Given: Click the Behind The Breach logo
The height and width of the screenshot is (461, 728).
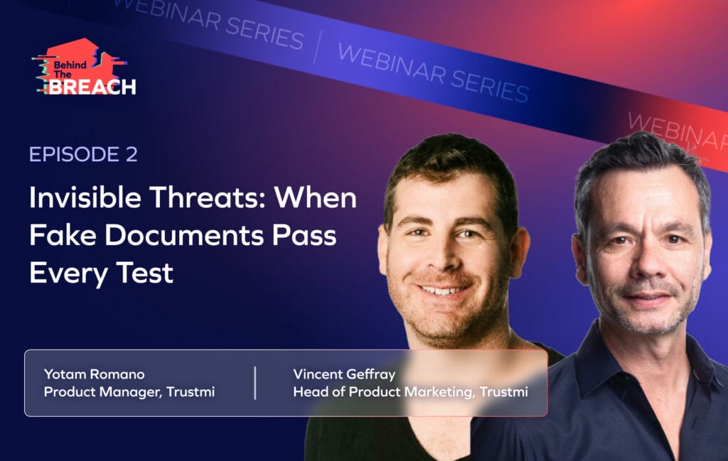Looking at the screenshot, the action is pyautogui.click(x=84, y=67).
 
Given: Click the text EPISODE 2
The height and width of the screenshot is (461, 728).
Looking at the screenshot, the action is pyautogui.click(x=84, y=154).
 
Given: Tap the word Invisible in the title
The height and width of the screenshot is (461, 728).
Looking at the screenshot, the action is pyautogui.click(x=85, y=197).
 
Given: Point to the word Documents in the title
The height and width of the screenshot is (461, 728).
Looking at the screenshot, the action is pyautogui.click(x=184, y=235).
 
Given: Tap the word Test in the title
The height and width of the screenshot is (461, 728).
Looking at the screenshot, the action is pyautogui.click(x=145, y=273).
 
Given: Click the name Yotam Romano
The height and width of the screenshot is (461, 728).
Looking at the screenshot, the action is pyautogui.click(x=95, y=374).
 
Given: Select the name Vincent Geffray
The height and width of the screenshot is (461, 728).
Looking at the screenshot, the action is pyautogui.click(x=344, y=375).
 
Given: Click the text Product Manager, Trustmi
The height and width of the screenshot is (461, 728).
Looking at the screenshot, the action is pyautogui.click(x=129, y=392).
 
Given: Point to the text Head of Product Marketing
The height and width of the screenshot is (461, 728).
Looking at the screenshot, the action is pyautogui.click(x=384, y=392).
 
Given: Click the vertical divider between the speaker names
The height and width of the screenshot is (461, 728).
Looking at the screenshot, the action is pyautogui.click(x=255, y=383).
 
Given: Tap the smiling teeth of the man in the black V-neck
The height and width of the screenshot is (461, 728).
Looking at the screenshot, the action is pyautogui.click(x=444, y=291).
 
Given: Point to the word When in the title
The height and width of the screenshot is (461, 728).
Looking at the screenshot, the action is pyautogui.click(x=315, y=197).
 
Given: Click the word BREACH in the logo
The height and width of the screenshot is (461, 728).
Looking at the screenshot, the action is pyautogui.click(x=92, y=87).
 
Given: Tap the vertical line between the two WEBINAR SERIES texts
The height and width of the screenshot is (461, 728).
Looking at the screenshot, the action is pyautogui.click(x=318, y=46).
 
